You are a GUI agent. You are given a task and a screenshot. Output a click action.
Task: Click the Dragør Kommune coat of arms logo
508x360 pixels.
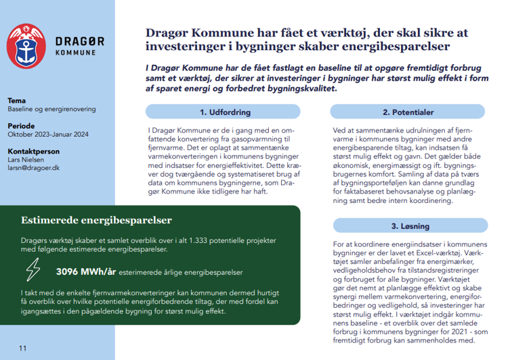pos(25,45)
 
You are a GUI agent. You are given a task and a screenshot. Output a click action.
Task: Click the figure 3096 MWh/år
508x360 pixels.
pos(85,273)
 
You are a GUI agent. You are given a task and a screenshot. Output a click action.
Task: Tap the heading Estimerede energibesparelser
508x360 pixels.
pos(96,220)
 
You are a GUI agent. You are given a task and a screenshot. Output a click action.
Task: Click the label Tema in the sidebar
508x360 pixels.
pos(16,100)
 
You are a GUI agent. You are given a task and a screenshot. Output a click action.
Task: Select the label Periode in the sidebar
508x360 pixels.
pos(22,126)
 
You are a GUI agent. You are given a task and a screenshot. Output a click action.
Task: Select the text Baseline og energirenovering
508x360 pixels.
pos(51,109)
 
